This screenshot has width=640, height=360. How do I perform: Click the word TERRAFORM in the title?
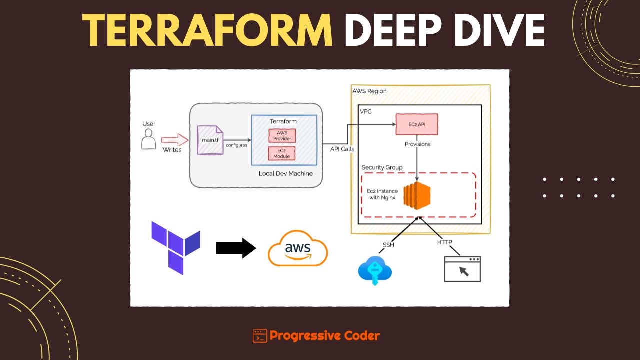coord(207,30)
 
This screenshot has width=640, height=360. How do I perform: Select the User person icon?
coord(149,139)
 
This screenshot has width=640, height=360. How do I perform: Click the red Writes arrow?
coord(175,140)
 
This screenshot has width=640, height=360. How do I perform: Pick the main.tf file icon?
coord(210,140)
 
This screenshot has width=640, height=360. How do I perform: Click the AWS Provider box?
coord(282,136)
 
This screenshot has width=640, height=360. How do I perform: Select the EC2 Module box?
coord(281,153)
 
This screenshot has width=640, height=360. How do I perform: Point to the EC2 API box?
coord(417,124)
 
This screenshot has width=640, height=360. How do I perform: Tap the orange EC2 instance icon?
coord(417,196)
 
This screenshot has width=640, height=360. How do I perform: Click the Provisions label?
coord(417,144)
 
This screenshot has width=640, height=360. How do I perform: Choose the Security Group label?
coord(382,167)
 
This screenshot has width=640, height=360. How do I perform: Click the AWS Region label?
coord(369,91)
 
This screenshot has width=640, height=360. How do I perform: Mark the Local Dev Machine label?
coord(285,173)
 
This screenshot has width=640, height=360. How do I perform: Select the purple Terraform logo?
coord(175,248)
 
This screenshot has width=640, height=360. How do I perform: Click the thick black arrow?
coord(236,248)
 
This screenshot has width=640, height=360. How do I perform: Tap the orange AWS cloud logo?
coord(297,248)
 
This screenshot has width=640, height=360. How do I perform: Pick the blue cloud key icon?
coord(375,270)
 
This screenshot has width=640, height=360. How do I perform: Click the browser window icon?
coord(462,269)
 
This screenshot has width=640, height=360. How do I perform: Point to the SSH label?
coord(388,245)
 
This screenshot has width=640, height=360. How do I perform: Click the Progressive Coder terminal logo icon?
coord(260,336)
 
